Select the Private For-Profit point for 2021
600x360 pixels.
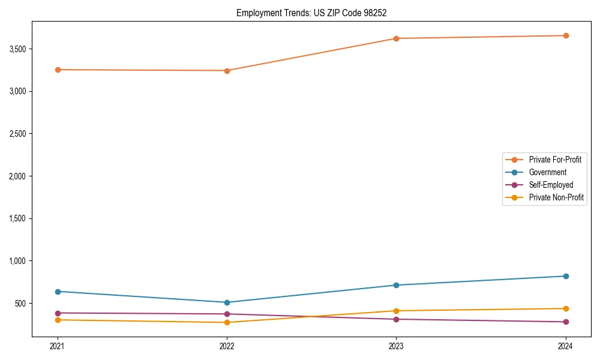[x=58, y=70]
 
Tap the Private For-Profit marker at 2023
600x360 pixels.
[x=396, y=38]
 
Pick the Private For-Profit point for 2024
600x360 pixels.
[x=566, y=35]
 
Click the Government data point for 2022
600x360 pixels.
[x=227, y=302]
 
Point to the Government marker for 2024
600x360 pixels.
[x=566, y=276]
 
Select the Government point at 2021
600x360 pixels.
[x=58, y=292]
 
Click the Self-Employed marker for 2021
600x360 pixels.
[x=58, y=313]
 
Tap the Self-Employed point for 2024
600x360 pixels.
[x=566, y=322]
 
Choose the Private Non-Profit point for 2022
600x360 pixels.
[x=227, y=323]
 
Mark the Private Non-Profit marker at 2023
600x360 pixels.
[x=396, y=311]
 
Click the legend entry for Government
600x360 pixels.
[x=547, y=172]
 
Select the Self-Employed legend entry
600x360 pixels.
[x=551, y=185]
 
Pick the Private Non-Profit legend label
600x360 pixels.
[x=556, y=197]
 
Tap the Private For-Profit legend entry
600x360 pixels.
[x=555, y=160]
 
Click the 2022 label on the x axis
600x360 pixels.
[x=227, y=346]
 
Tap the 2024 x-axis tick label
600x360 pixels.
[x=566, y=346]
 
